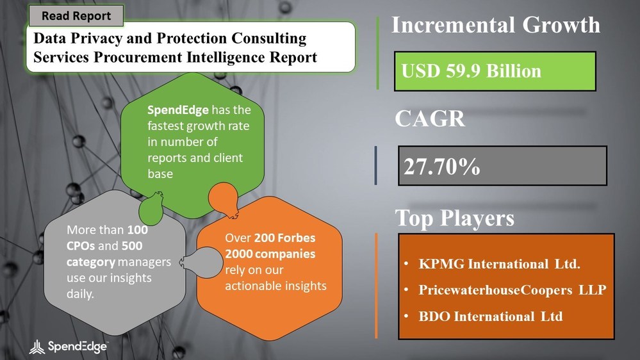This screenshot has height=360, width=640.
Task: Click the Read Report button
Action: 76,16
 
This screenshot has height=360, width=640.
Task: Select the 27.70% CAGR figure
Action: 442,167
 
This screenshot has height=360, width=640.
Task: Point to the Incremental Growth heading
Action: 495,25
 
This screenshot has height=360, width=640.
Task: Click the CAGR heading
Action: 429,119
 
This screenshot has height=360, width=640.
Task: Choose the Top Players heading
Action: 454,218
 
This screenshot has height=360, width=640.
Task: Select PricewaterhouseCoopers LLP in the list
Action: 512,290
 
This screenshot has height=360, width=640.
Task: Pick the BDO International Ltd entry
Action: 491,316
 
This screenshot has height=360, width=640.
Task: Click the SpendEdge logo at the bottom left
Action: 69,347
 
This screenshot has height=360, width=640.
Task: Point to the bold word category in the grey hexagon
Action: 89,263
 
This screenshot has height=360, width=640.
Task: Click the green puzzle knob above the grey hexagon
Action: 152,207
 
